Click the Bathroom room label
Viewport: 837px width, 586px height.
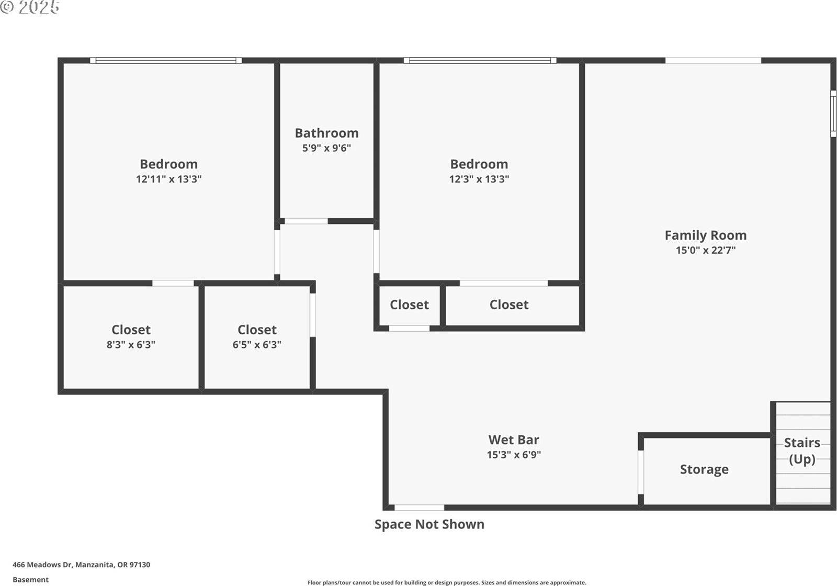(326, 133)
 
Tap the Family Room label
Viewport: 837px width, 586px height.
(705, 235)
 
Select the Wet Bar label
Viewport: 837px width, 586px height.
(513, 439)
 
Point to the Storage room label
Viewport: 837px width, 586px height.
(704, 469)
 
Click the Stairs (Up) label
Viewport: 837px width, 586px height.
(801, 450)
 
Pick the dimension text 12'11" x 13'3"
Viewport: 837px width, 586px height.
(168, 179)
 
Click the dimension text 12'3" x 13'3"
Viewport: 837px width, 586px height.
(479, 179)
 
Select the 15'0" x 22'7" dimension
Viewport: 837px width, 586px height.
(705, 250)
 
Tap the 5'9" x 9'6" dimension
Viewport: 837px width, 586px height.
(326, 148)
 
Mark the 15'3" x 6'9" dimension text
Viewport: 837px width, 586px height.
(513, 455)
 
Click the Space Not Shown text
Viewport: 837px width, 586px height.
(429, 524)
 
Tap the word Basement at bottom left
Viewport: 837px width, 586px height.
(30, 580)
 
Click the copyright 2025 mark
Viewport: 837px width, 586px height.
(30, 7)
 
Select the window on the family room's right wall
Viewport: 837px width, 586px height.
(833, 114)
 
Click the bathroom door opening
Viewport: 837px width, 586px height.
(306, 221)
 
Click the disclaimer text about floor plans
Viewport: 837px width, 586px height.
(446, 582)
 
